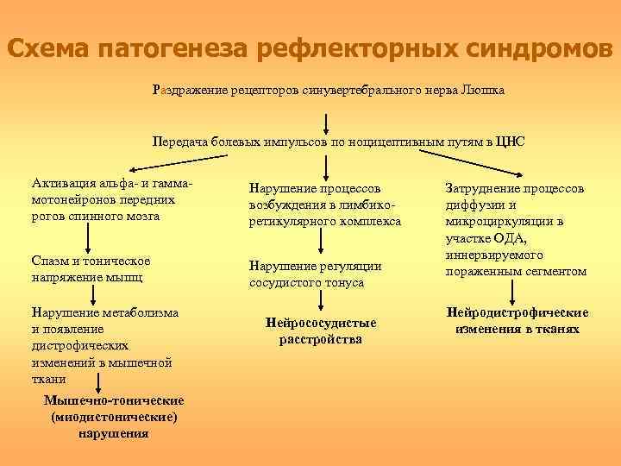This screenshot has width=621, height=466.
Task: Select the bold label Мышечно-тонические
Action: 114,401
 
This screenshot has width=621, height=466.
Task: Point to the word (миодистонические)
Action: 114,417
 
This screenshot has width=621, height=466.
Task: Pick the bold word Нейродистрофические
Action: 517,313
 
